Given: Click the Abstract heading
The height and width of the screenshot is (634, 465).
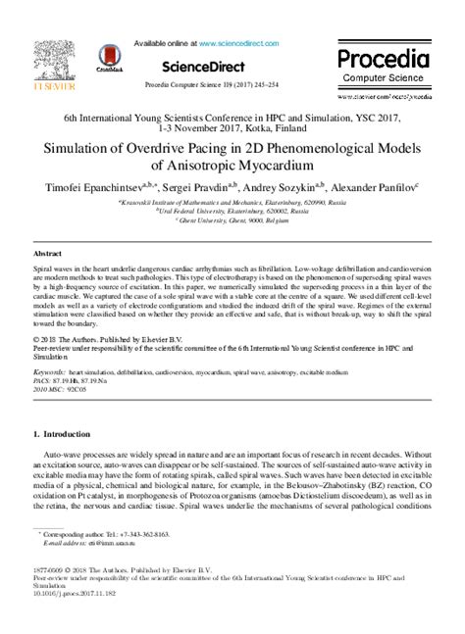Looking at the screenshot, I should [x=48, y=253].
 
